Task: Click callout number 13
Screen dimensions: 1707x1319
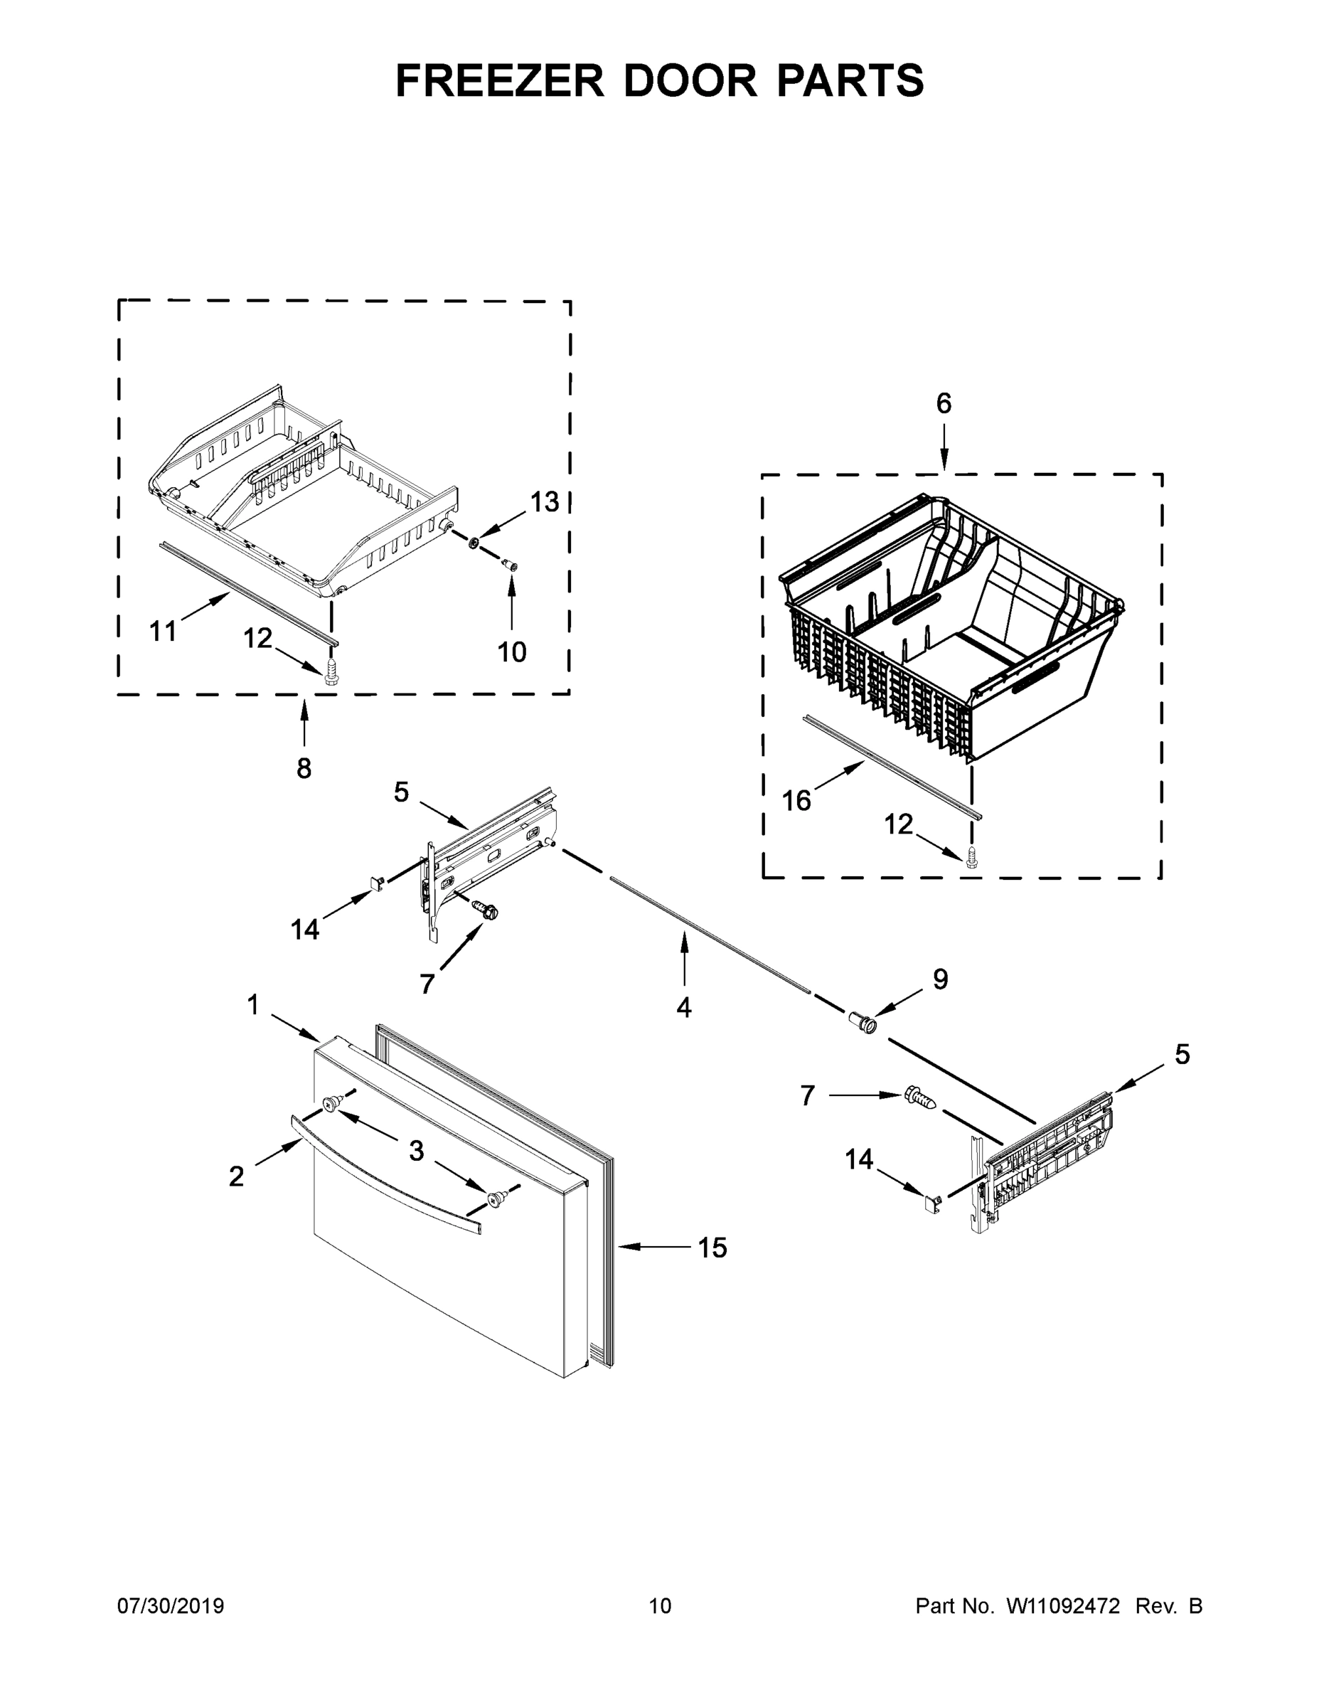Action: [545, 503]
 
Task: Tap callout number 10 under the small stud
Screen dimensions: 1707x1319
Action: [512, 651]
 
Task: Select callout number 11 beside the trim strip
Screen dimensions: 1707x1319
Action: [163, 631]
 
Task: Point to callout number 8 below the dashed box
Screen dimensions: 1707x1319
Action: [304, 768]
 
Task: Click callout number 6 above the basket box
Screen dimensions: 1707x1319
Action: [944, 403]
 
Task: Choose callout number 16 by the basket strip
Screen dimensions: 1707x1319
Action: [796, 800]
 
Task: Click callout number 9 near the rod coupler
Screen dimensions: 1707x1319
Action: [940, 979]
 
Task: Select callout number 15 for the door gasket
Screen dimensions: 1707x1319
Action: [712, 1248]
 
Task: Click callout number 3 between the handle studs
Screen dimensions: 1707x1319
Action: [417, 1151]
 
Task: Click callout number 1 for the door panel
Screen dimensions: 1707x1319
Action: [252, 1005]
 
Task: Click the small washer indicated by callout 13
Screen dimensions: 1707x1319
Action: [474, 542]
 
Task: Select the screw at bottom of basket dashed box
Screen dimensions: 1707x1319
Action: [972, 856]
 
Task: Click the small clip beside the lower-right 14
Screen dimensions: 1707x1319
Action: [932, 1203]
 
